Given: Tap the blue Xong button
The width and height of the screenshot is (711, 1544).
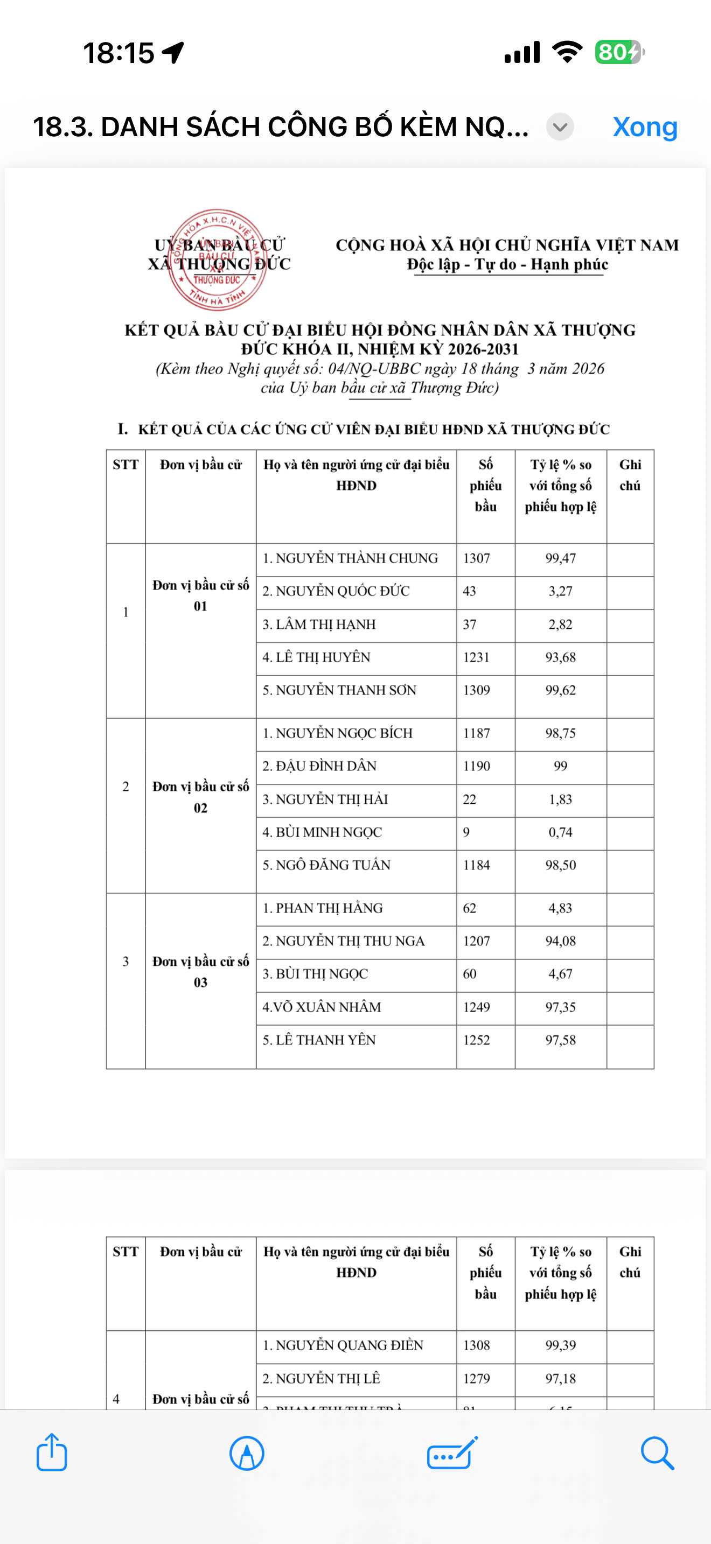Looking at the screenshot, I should pyautogui.click(x=644, y=127).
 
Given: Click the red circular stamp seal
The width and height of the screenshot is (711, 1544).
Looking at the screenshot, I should pyautogui.click(x=217, y=259).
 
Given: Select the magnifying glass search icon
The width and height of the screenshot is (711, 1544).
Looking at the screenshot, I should pyautogui.click(x=657, y=1452).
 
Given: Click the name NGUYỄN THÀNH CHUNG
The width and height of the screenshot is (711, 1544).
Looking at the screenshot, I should pyautogui.click(x=350, y=558).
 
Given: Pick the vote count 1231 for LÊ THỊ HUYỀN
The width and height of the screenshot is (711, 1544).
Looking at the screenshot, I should pyautogui.click(x=476, y=657).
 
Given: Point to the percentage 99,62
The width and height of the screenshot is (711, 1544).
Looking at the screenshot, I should pyautogui.click(x=560, y=690).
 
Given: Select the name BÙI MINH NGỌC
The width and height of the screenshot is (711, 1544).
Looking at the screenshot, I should pyautogui.click(x=322, y=832).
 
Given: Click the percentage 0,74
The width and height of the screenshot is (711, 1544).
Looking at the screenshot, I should pyautogui.click(x=560, y=832).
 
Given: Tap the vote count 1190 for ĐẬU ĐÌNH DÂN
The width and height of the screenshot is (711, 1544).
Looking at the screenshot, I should pyautogui.click(x=476, y=766).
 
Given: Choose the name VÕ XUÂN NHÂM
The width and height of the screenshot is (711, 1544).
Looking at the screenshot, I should pyautogui.click(x=322, y=1007).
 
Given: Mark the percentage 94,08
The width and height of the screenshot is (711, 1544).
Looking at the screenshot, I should pyautogui.click(x=560, y=941).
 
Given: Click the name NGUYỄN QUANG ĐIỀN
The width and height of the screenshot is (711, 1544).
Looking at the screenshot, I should pyautogui.click(x=343, y=1345).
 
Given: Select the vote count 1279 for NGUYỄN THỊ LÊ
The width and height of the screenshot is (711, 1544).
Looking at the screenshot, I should pyautogui.click(x=476, y=1378).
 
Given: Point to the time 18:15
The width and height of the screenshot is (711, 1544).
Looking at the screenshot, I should pyautogui.click(x=119, y=53).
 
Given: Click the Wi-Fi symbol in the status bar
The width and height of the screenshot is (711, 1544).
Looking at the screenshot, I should pyautogui.click(x=567, y=52).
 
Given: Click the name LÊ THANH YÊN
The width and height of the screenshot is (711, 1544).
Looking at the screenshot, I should pyautogui.click(x=319, y=1040).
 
